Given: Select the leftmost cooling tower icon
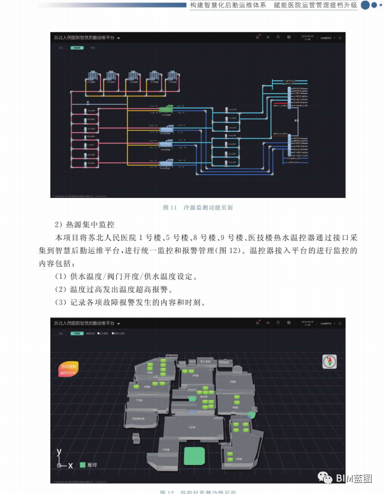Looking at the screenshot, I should tap(93, 77).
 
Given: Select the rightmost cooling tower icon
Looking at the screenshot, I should tap(174, 77).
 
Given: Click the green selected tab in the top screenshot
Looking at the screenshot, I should tap(76, 48).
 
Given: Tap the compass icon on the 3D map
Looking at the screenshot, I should tap(329, 361).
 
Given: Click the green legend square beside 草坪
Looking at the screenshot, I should tap(83, 465).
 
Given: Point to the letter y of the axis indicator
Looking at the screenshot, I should tap(59, 452).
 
